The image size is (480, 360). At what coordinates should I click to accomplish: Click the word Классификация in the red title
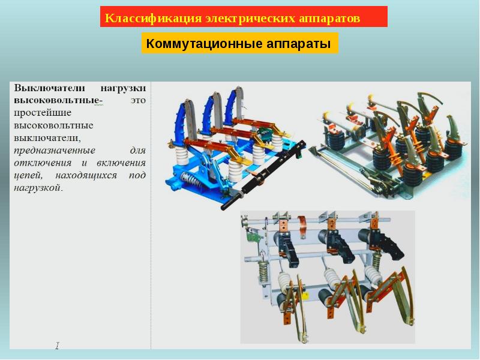[154, 18]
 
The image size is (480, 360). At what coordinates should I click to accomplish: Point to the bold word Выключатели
[49, 88]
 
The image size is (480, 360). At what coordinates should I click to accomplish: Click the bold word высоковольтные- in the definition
[58, 100]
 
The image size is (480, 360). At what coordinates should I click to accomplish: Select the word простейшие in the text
[43, 113]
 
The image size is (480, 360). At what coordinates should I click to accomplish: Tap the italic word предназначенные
[55, 151]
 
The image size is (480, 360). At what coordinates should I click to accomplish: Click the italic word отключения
[43, 163]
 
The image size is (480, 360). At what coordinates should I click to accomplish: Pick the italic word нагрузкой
[38, 188]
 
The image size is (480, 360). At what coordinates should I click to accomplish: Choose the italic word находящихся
[86, 176]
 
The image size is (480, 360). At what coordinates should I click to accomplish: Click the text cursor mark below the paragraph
[57, 346]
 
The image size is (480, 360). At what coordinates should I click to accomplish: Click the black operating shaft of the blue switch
[263, 175]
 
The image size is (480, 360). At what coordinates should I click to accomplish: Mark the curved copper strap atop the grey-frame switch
[302, 224]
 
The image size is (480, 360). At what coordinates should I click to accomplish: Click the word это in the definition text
[138, 100]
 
